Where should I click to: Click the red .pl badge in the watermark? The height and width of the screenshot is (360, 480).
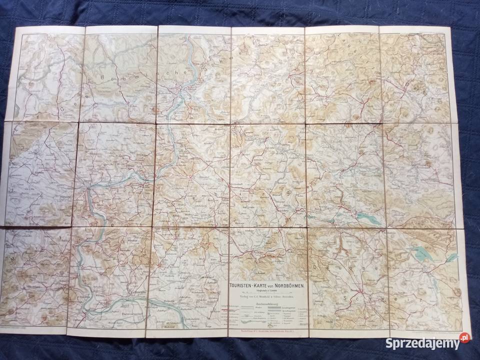[x=464, y=338]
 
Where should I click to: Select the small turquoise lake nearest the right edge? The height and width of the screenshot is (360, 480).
[x=452, y=258]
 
